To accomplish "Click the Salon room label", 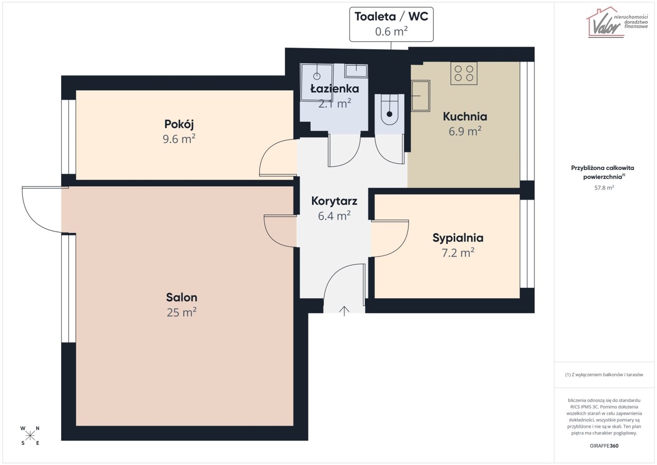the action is pos(182,297).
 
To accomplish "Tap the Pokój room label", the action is pos(179,124).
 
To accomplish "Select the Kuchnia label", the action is pos(465,117).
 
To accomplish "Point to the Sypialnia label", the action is pos(458,238).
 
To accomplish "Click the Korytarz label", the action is pos(334,201).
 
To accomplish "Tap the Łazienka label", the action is pos(335,89).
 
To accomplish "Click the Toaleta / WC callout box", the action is pos(391,24).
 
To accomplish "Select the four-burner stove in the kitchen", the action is pos(463,73).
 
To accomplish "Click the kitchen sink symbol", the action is pos(420,96).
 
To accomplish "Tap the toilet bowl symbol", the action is pos(390,110).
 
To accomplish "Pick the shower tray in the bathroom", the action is pos(317,83).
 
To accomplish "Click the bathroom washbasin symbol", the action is pos(356,71).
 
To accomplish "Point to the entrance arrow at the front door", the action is pos(344,311).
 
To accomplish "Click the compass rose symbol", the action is pos(30,436).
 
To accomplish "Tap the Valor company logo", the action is pos(612,23).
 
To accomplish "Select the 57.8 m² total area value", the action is pos(604,188).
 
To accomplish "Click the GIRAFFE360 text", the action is pos(604,446).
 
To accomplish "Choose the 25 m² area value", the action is pos(182,313).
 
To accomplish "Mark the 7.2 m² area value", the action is pos(458,253).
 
